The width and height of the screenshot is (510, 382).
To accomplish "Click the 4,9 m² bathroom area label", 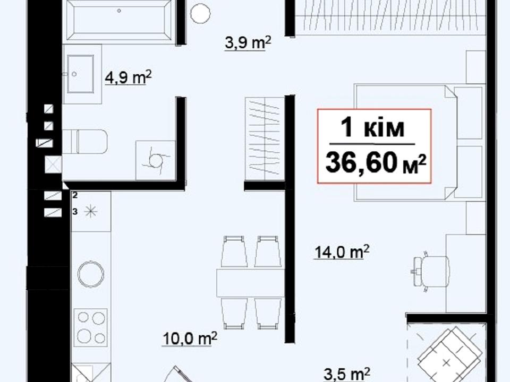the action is point(128,77).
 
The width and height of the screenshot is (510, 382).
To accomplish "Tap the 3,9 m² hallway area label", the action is point(248,43).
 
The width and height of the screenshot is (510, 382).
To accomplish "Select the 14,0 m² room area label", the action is point(342,252).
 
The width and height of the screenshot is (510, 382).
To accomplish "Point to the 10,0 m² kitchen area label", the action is point(190,339).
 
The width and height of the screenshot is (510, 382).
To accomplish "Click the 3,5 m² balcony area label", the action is point(347,374).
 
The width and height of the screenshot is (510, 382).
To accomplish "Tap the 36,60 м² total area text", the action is point(376,163).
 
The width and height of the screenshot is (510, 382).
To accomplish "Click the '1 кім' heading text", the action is point(372,128).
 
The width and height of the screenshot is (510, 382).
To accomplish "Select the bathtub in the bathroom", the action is point(119,20).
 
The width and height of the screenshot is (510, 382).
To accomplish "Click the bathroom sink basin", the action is point(80,74).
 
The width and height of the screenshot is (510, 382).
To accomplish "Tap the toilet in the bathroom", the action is point(85,142).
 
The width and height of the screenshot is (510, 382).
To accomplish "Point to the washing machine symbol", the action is point(156,160).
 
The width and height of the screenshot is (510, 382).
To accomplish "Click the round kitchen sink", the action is point(91,274).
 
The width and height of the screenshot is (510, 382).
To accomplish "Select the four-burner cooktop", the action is point(91,327).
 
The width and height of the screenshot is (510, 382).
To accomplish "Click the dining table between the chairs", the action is point(251,282).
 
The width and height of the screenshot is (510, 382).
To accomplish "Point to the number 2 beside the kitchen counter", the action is point(75,196).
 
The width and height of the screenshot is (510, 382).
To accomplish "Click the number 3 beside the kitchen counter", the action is point(75,212).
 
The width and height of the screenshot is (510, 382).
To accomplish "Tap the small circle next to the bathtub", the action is point(200,13).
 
